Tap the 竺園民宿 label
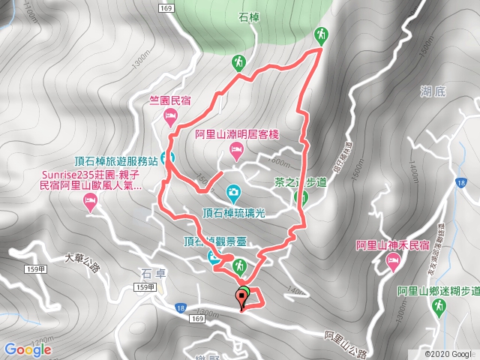click(170, 98)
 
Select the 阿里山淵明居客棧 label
click(236, 135)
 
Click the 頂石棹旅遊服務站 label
click(116, 160)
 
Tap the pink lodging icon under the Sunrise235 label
click(91, 200)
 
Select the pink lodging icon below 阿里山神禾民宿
click(392, 260)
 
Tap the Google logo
click(27, 349)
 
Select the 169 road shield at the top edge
click(166, 7)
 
